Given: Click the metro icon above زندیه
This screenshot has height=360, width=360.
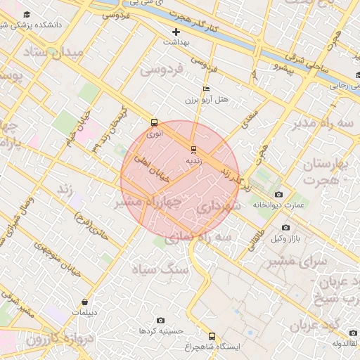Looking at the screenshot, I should [x=193, y=149].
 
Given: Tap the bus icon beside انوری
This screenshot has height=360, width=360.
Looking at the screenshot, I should [x=154, y=122].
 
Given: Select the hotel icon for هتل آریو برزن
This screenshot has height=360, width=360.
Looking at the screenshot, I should [x=205, y=89].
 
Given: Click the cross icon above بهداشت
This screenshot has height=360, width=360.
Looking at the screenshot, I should [x=176, y=32].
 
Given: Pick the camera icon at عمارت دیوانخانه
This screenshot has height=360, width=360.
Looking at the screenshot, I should [x=278, y=194].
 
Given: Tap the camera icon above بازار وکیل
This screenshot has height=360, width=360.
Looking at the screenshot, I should [x=285, y=228].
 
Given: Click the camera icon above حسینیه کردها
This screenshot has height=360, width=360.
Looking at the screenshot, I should [x=160, y=320].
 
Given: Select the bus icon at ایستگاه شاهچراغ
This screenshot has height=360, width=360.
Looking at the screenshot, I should [x=212, y=336].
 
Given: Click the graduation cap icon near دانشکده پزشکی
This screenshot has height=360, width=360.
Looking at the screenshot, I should [x=27, y=15].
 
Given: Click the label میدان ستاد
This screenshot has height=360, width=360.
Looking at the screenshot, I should [x=53, y=53].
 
